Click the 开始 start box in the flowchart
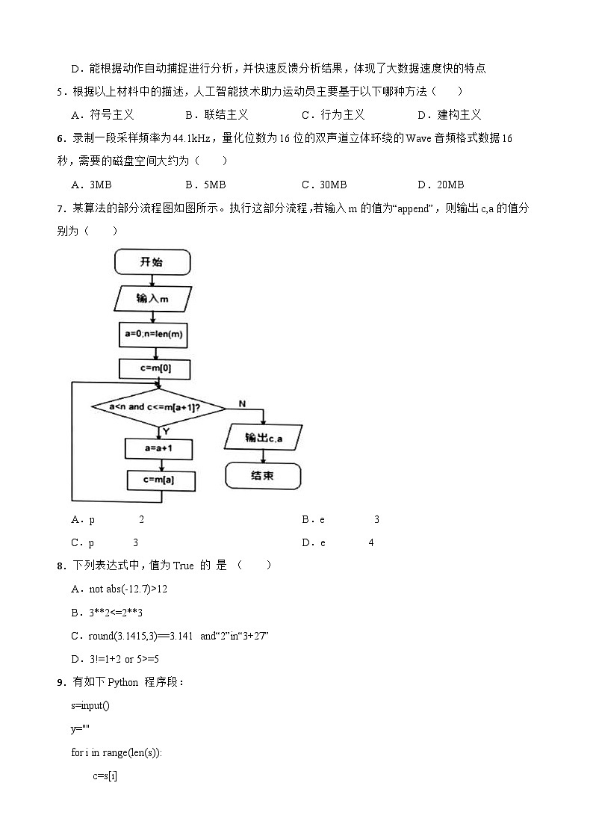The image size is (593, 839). tap(152, 261)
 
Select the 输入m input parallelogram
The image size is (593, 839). tap(152, 299)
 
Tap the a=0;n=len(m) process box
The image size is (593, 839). tap(152, 335)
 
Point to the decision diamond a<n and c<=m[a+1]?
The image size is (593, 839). tap(158, 407)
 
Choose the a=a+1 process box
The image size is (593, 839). tap(158, 448)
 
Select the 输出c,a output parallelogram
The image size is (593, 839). tap(264, 438)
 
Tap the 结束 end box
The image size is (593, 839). tap(263, 475)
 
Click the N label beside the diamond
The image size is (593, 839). tap(241, 403)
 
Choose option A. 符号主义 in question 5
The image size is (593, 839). tap(102, 115)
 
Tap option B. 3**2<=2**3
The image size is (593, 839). tap(107, 613)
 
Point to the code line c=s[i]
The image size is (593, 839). tap(105, 775)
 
